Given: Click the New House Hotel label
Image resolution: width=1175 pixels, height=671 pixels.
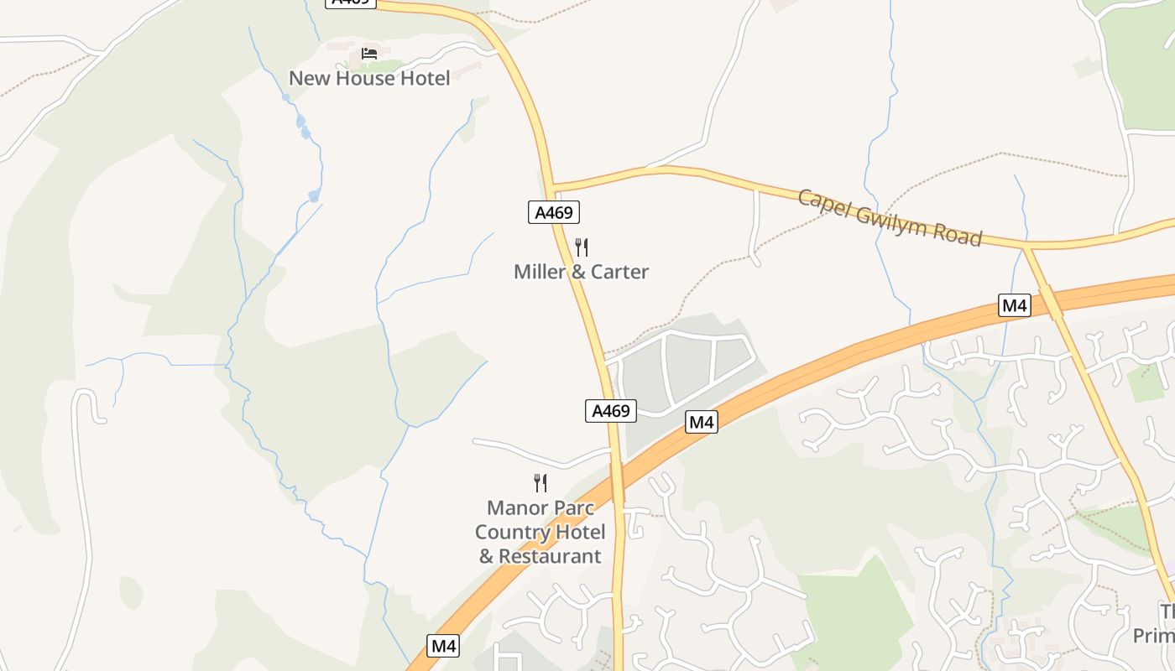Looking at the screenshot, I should point(369,78).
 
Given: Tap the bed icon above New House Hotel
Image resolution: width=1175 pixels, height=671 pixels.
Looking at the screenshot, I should point(369,54).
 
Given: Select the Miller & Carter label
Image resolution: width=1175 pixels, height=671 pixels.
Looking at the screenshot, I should point(581,272).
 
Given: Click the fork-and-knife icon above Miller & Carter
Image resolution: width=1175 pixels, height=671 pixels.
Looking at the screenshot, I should point(581,247).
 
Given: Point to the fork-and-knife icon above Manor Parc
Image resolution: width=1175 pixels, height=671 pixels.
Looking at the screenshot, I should point(540,482).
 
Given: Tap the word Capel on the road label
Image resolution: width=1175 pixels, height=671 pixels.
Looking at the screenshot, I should point(822,203).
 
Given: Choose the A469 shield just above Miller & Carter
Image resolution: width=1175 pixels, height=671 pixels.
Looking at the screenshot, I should point(554,212).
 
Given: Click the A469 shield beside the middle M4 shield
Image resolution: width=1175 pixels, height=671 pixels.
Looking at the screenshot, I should point(610,411).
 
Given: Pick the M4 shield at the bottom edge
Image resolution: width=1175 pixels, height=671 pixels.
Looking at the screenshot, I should point(443,646).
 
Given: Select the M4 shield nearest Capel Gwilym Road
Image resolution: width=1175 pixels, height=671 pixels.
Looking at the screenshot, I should point(1015,305).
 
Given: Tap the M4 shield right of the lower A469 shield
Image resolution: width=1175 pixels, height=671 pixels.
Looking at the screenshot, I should point(702,422).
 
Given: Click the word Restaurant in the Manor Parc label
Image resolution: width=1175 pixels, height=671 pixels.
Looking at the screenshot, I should point(550,556).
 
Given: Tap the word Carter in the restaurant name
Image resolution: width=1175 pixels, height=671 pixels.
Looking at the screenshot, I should point(619,272).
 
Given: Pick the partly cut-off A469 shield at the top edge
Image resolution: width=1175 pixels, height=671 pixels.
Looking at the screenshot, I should point(350,3).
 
